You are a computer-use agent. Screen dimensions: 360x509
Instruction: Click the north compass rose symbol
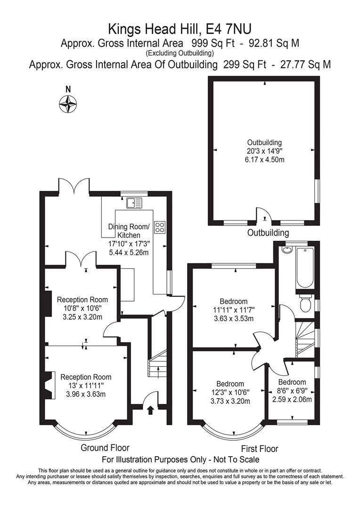click(68, 104)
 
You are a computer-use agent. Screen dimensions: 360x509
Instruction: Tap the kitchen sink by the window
click(134, 203)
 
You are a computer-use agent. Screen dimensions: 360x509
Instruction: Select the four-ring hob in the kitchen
click(160, 227)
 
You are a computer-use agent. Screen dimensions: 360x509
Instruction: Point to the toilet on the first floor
click(305, 303)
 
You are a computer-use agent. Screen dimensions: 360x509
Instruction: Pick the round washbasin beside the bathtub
click(287, 250)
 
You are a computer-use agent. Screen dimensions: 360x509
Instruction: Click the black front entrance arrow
click(150, 410)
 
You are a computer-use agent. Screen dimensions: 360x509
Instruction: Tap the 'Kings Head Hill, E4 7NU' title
click(180, 29)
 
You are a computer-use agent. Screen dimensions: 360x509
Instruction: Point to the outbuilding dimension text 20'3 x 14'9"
click(264, 151)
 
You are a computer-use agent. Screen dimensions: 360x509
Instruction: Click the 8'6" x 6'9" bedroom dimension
click(292, 391)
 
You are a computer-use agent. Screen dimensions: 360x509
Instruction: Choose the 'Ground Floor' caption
click(105, 448)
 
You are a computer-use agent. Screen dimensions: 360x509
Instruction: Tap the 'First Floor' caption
click(260, 449)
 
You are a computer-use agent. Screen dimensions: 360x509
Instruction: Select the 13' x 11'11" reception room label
click(86, 386)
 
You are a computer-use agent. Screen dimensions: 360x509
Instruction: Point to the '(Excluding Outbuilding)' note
click(180, 53)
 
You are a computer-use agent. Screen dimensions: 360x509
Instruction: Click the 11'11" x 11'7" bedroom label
click(233, 310)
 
